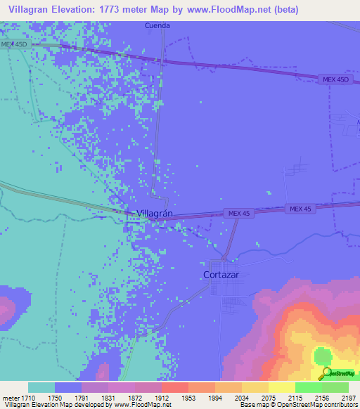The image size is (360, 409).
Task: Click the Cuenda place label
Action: pos(157,26)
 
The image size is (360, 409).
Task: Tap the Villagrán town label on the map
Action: pos(154,212)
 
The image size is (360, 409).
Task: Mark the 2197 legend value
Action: pos(349,397)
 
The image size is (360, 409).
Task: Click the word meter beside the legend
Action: pos(11,397)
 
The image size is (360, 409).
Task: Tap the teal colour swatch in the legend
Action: pos(41,387)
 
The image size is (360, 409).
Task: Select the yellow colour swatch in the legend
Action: pos(282,387)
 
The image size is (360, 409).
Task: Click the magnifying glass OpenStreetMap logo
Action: pos(325,373)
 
